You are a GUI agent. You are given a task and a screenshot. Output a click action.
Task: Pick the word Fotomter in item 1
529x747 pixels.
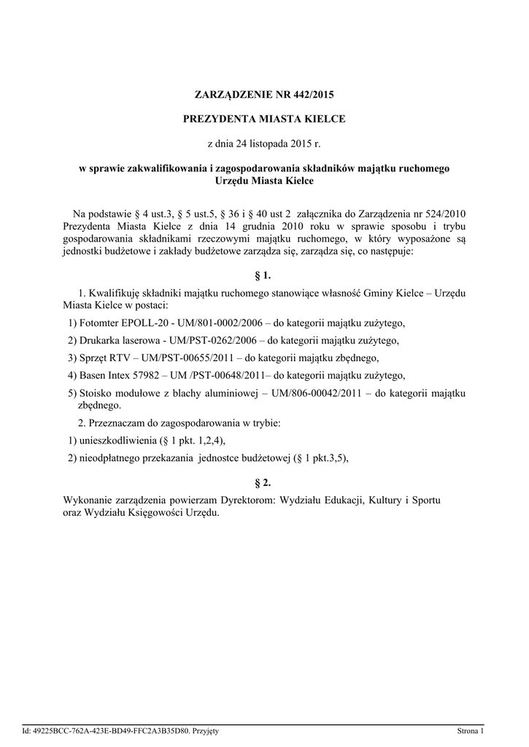click(x=99, y=324)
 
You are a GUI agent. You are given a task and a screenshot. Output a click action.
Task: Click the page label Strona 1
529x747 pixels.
click(x=470, y=730)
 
